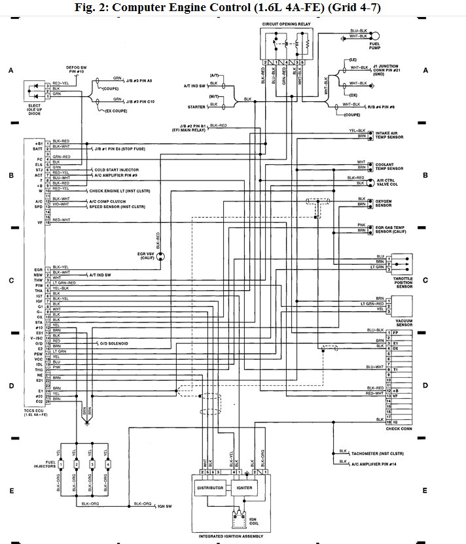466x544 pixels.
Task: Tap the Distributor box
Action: coord(209,488)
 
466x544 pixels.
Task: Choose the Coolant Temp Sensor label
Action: coord(388,166)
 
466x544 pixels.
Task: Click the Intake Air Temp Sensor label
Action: coord(389,136)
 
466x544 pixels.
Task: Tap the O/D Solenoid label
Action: coord(113,343)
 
